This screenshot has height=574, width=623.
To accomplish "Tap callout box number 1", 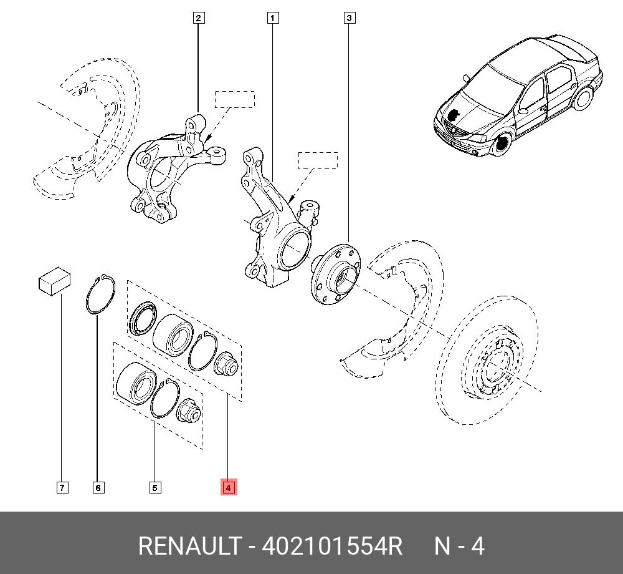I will (272, 18).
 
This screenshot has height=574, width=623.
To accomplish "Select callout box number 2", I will (198, 18).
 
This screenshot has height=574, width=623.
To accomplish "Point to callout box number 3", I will (349, 18).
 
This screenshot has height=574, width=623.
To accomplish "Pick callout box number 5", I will (155, 487).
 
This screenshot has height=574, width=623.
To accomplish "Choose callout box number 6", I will (98, 487).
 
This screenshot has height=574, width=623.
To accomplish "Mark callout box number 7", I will (62, 487).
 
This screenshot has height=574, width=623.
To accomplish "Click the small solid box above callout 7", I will (54, 283).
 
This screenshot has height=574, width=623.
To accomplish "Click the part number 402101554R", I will (332, 547).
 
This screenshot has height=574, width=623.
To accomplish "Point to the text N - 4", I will (459, 547).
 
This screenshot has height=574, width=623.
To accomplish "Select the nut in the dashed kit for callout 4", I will (226, 363).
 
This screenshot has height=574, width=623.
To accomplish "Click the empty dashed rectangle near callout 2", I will (235, 99).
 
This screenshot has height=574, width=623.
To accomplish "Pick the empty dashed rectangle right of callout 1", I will (317, 160).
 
